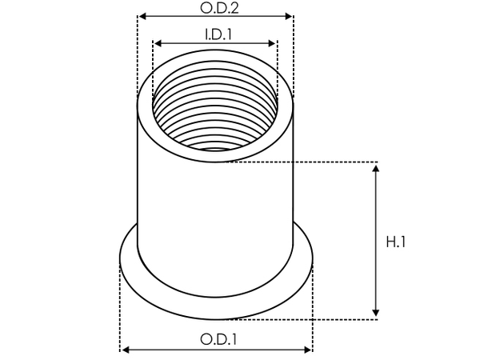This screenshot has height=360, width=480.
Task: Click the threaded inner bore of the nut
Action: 214,112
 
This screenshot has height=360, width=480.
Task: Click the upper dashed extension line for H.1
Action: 320,162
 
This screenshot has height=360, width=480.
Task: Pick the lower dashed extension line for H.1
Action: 344,319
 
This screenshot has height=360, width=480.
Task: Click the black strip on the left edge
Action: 22,180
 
